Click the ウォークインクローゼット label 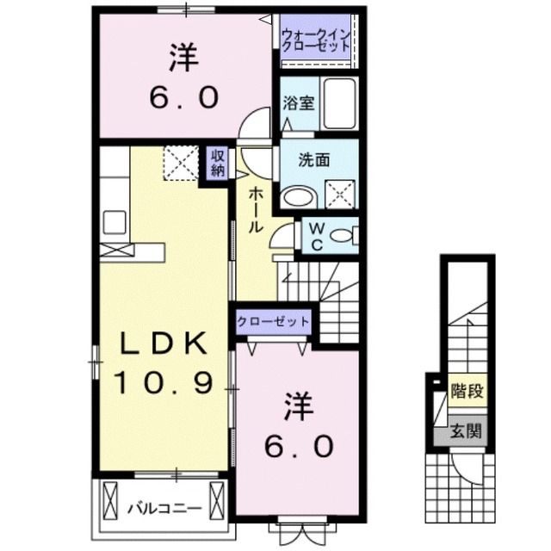(x=314, y=40)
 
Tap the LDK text (x=162, y=344)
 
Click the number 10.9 (x=164, y=381)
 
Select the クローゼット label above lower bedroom (x=273, y=321)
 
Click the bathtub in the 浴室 (x=339, y=104)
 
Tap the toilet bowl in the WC (x=344, y=235)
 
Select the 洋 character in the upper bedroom (x=183, y=59)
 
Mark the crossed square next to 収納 (x=181, y=163)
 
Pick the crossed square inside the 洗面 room (x=341, y=195)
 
